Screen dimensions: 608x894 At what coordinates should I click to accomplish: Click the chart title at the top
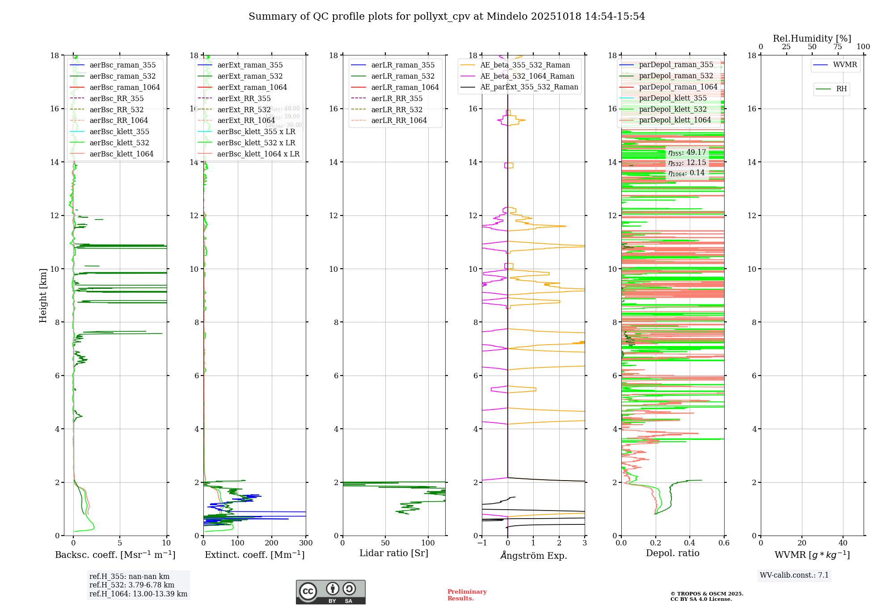click(x=447, y=17)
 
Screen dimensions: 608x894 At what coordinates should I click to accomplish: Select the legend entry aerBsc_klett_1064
click(x=121, y=154)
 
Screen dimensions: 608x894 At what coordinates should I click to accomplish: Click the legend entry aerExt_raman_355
click(x=250, y=65)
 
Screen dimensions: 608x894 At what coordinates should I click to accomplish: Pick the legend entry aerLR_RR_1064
click(x=399, y=121)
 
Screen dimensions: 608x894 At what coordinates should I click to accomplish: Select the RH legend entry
click(x=841, y=89)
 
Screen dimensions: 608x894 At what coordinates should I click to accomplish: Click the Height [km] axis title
click(x=43, y=296)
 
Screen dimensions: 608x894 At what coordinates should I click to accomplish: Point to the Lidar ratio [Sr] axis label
click(x=394, y=553)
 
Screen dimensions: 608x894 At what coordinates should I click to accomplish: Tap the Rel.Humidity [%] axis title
click(x=812, y=38)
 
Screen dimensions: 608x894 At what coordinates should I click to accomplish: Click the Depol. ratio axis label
click(x=672, y=553)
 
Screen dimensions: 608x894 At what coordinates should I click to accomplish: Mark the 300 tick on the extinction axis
click(x=306, y=543)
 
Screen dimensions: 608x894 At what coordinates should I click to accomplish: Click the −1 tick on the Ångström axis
click(x=482, y=543)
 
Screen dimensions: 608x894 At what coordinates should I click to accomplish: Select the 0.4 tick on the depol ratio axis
click(x=690, y=543)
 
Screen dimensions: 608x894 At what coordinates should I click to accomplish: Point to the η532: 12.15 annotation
click(x=687, y=163)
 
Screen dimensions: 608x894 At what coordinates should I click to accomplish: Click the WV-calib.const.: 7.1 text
click(x=794, y=575)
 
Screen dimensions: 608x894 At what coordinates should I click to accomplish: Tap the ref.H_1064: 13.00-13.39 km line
click(x=138, y=594)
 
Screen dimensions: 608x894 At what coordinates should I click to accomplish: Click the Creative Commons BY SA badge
click(x=330, y=592)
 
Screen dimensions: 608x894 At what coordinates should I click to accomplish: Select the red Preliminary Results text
click(x=467, y=595)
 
